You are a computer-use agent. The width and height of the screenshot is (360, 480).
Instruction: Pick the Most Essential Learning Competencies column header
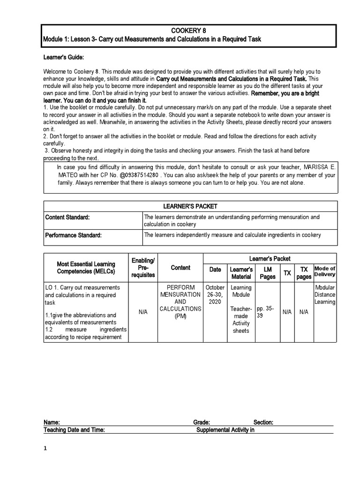86,268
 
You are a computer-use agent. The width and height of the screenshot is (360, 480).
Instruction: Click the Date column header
215,270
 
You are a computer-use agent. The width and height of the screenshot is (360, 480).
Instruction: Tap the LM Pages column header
268,273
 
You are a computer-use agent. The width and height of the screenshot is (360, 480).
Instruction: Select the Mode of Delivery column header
325,271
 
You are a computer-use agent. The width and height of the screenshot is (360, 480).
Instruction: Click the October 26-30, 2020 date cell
215,295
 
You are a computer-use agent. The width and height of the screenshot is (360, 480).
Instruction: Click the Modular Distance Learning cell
325,295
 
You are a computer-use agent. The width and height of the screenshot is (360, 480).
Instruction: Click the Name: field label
52,422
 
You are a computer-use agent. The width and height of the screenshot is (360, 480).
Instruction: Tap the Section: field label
263,422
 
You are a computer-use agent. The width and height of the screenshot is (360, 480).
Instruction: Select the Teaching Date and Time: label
74,430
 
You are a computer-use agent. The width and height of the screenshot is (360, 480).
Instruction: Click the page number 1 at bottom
45,449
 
